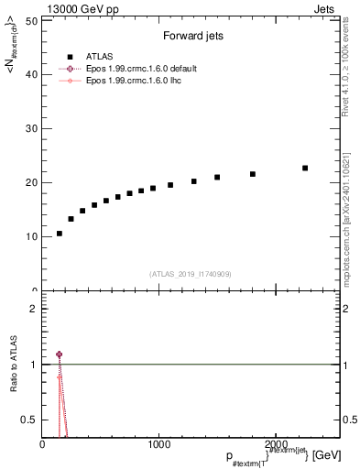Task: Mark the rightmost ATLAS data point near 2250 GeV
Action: tap(305, 168)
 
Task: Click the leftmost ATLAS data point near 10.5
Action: tap(60, 234)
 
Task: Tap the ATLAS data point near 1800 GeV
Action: tap(253, 174)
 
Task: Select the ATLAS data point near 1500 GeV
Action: tap(217, 178)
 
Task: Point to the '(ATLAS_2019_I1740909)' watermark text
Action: tap(191, 274)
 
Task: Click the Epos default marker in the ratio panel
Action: tap(60, 354)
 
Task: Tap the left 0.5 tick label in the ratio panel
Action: tap(30, 420)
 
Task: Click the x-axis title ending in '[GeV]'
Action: tap(275, 456)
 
